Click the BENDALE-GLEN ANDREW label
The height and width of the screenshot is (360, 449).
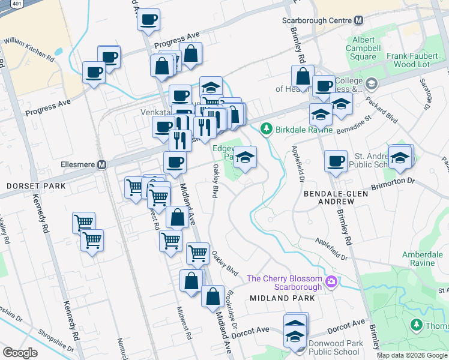click(x=335, y=199)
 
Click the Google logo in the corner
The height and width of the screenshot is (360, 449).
click(x=20, y=353)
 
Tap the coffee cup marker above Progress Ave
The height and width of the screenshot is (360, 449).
click(x=148, y=19)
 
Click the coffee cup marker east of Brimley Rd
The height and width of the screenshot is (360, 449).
click(x=336, y=160)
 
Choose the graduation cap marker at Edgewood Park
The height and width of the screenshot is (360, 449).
click(x=245, y=157)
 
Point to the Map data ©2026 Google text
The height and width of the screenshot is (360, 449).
click(x=412, y=355)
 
